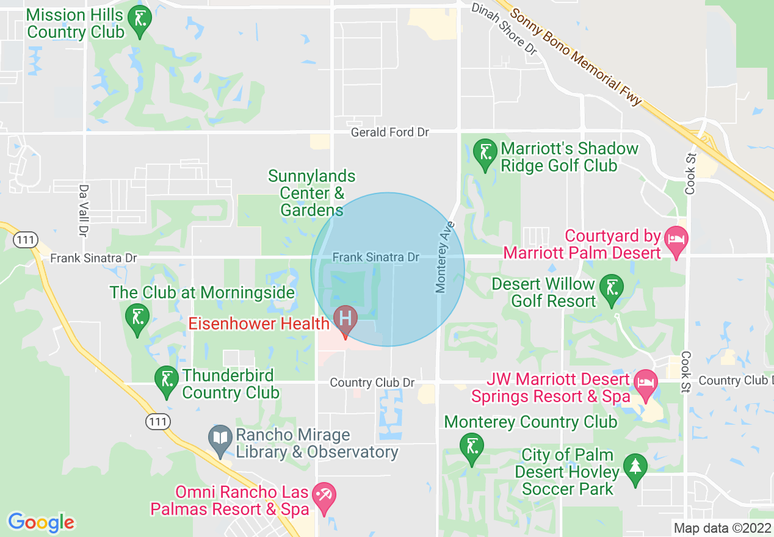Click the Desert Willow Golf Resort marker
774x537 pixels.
coord(610,290)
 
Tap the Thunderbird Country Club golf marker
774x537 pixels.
coord(166,382)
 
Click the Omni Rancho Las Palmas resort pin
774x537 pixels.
coord(324,498)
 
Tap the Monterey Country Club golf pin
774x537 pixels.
coord(471,449)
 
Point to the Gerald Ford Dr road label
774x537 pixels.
coord(390,132)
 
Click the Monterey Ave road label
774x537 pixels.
coord(443,256)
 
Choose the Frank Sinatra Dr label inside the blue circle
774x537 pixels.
coord(376,258)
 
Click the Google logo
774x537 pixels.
coord(41,522)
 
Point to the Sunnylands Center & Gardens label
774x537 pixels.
coord(312,193)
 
